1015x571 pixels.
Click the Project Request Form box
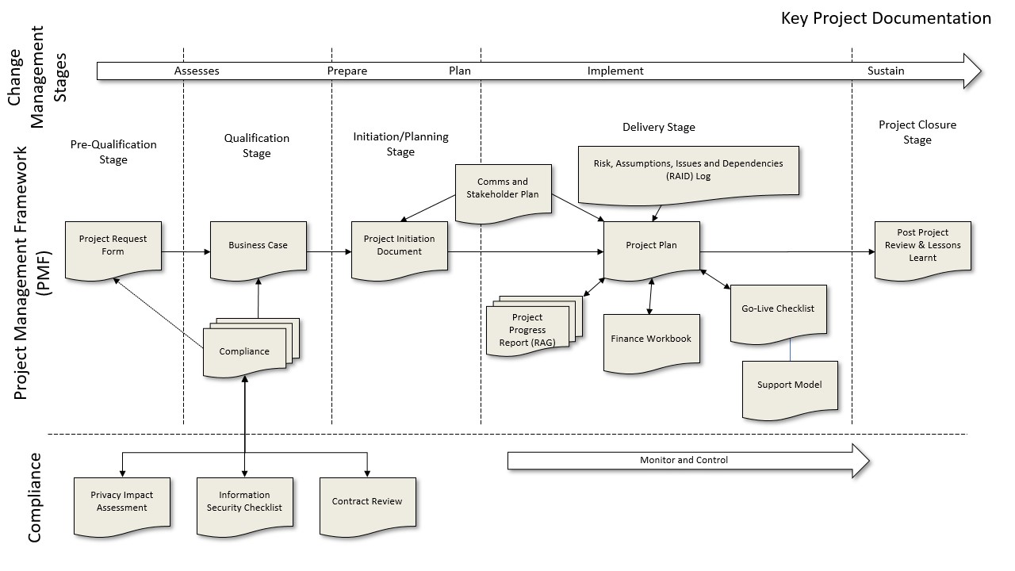[113, 247]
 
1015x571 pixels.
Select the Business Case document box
[258, 247]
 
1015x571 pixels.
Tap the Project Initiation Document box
[399, 247]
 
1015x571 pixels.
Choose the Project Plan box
[651, 247]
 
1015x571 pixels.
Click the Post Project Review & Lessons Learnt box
[922, 247]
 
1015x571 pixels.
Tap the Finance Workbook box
[651, 340]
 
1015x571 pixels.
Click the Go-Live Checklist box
[778, 311]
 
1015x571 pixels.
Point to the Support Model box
[789, 387]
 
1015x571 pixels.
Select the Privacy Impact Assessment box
[121, 503]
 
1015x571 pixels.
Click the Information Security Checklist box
[244, 503]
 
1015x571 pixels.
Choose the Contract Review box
[367, 503]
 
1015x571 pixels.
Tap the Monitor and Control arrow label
[684, 460]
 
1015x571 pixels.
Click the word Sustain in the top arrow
[885, 71]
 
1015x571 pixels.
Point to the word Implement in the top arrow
[615, 71]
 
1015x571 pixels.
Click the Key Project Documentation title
[886, 18]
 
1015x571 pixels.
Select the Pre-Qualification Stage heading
[113, 151]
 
